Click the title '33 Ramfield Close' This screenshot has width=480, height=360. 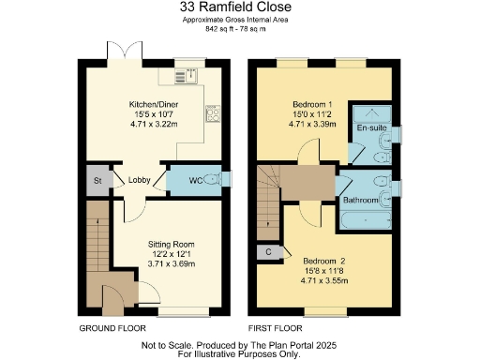[x=239, y=8]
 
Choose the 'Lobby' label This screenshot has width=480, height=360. [x=141, y=181]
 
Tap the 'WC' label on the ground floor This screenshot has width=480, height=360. [x=196, y=180]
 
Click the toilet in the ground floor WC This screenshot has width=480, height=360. [x=212, y=180]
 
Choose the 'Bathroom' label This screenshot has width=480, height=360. [x=360, y=201]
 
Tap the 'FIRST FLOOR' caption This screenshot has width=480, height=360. [x=275, y=330]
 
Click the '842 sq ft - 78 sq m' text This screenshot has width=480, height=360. [x=239, y=29]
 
